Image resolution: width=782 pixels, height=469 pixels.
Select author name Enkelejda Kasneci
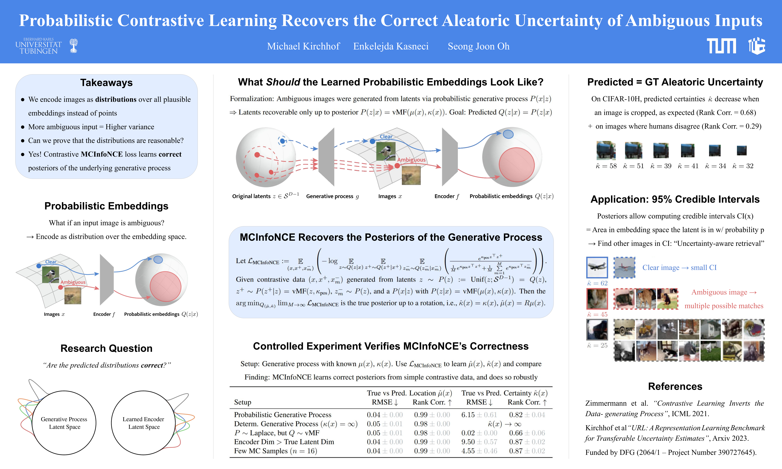tap(391, 46)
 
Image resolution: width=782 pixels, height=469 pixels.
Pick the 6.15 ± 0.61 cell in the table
tap(479, 415)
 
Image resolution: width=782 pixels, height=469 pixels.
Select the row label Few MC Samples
tap(275, 451)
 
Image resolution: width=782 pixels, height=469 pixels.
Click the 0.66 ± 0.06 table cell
tap(527, 433)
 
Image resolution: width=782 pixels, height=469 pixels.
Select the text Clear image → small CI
tap(679, 268)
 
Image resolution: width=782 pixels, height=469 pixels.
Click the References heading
tap(675, 386)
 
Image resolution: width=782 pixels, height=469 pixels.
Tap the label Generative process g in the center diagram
tap(332, 196)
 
